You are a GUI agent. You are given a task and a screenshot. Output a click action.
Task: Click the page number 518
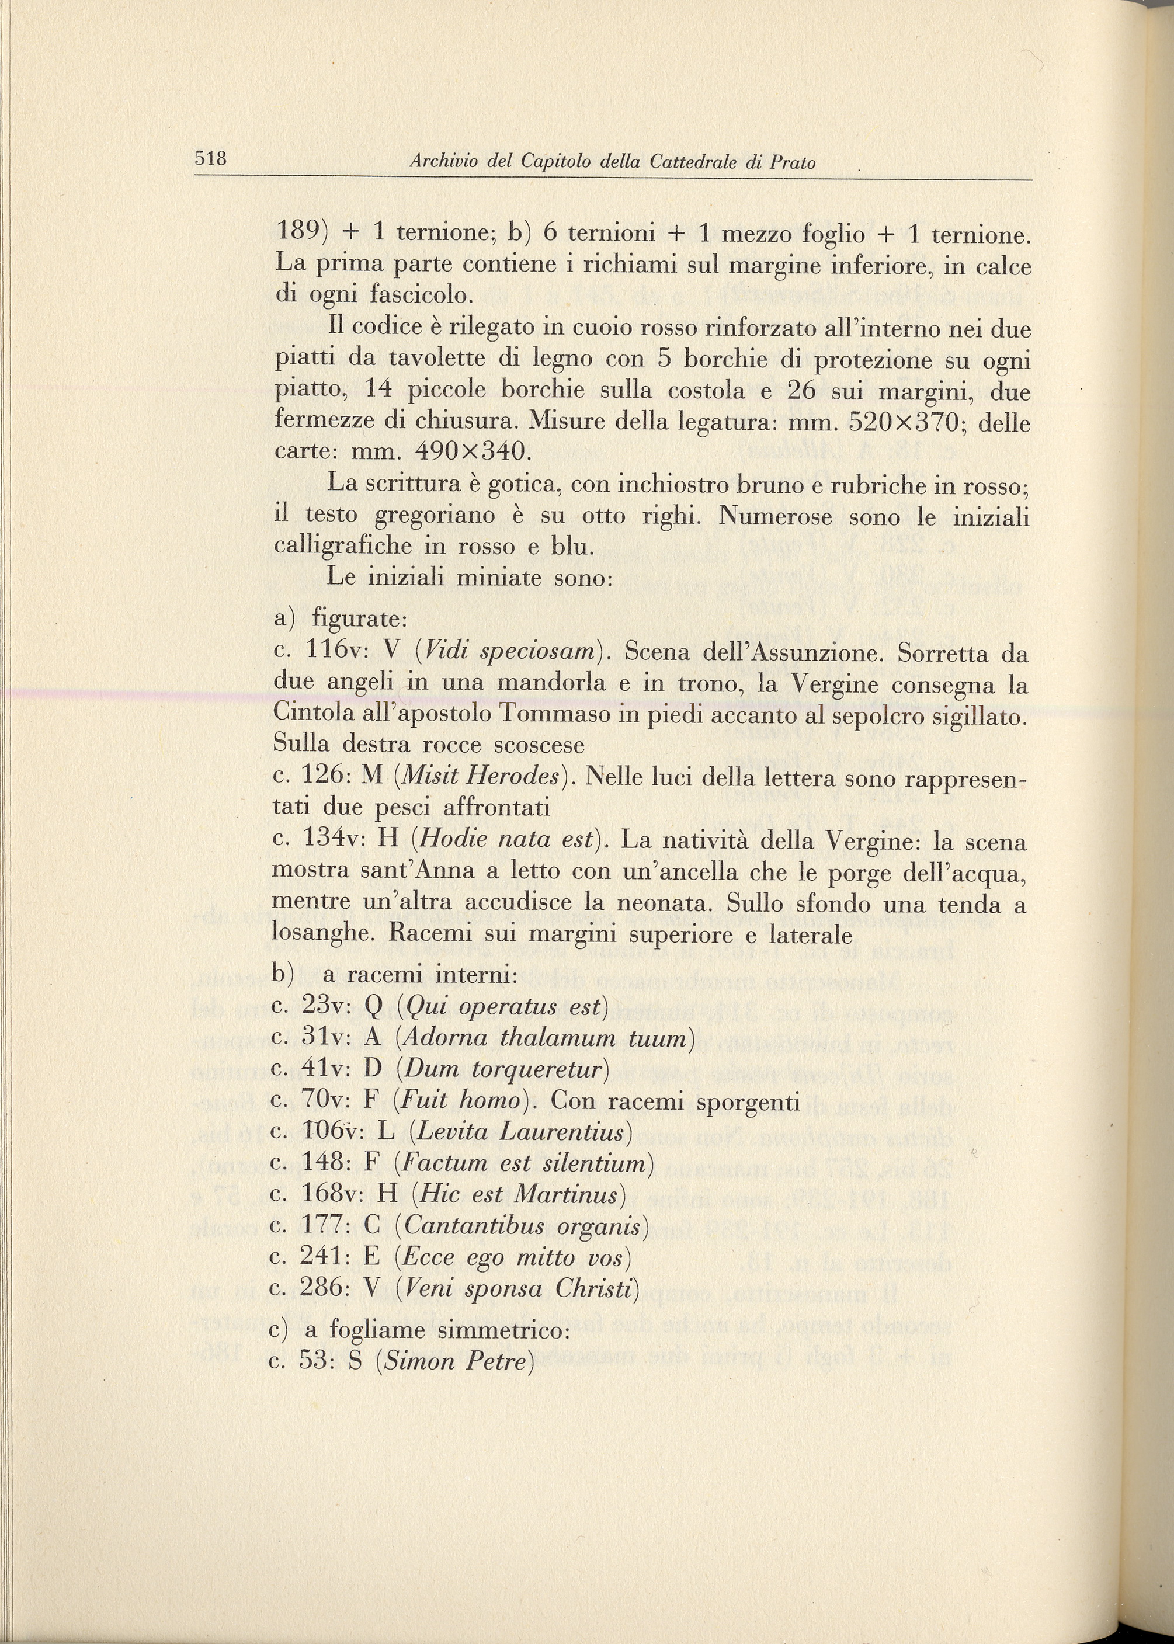pos(210,158)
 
